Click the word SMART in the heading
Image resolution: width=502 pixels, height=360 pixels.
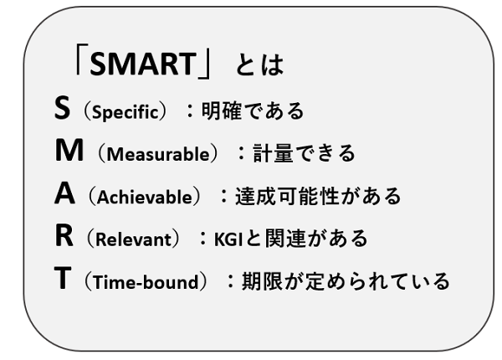[143, 64]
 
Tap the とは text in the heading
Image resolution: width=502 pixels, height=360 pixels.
[259, 64]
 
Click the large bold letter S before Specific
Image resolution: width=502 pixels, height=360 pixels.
[62, 108]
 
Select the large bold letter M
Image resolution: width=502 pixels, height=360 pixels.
[69, 150]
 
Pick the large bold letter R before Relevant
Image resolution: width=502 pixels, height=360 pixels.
[64, 235]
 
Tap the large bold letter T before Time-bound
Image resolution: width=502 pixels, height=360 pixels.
[63, 278]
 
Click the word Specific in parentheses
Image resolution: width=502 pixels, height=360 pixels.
[125, 112]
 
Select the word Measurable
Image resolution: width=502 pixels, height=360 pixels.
[158, 154]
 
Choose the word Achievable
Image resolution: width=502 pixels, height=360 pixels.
[145, 197]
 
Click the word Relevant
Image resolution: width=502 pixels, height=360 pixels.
[134, 239]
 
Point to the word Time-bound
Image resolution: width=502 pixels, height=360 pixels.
[146, 282]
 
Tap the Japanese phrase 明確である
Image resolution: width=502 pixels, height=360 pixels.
[253, 111]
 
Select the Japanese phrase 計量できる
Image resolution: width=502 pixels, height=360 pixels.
[305, 152]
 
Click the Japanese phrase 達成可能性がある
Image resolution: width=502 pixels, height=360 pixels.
[318, 196]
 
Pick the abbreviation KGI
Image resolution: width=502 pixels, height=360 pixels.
[228, 239]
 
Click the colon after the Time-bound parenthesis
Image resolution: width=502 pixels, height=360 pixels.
[231, 280]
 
